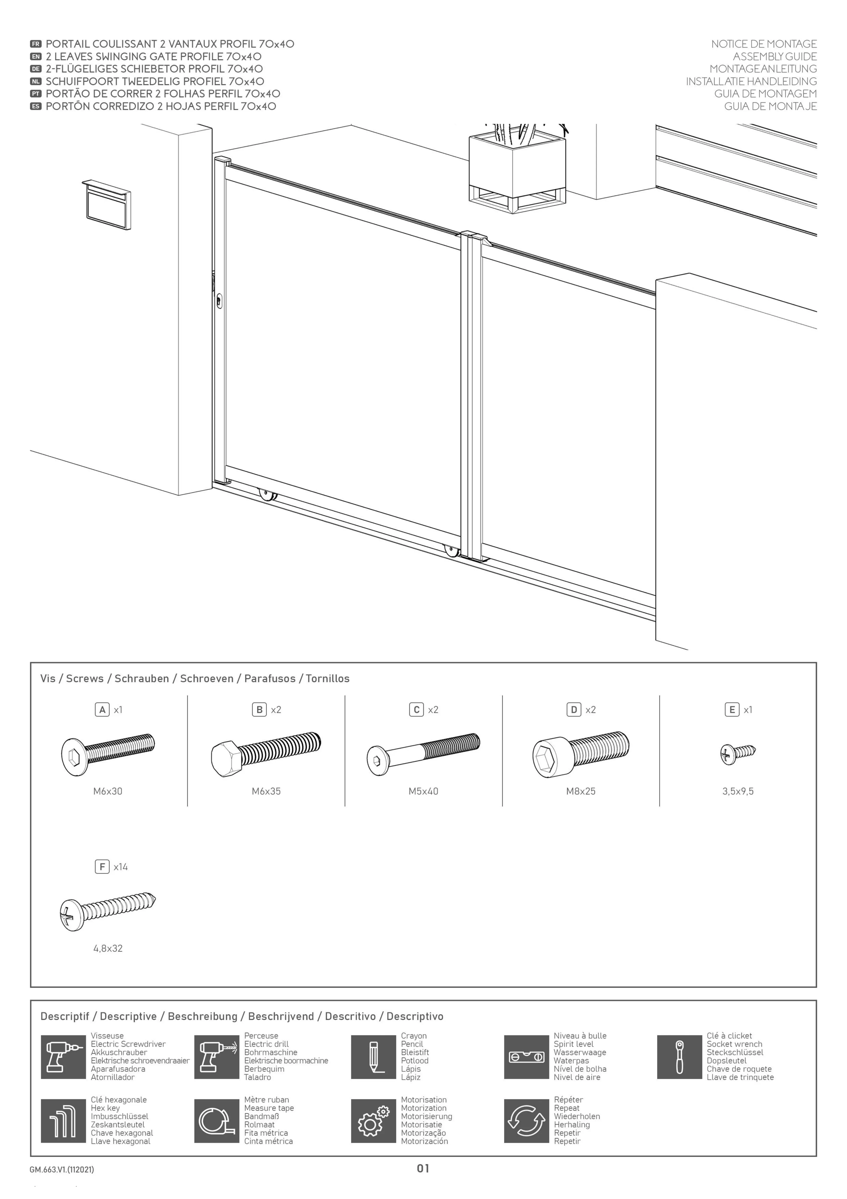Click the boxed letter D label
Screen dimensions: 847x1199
(x=574, y=710)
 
